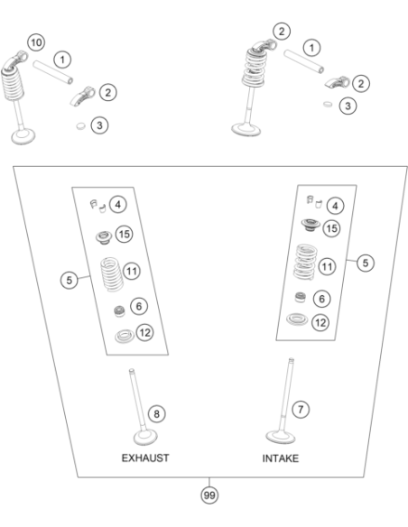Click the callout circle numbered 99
point(209,495)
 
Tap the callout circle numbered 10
point(36,42)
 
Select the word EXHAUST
point(145,458)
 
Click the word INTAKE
point(281,458)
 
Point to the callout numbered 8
point(157,413)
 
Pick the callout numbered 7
point(301,410)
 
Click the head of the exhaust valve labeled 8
point(145,438)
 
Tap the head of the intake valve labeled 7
point(281,437)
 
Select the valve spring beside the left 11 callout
point(112,274)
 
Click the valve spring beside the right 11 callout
point(305,263)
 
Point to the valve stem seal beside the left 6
point(120,311)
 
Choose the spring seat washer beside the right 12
point(297,319)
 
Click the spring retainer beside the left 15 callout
point(104,237)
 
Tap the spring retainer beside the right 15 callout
point(311,225)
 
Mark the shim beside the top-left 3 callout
point(80,126)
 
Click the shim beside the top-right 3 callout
point(328,104)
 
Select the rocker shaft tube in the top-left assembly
point(52,72)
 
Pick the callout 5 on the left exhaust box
point(70,280)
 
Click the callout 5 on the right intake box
point(366,263)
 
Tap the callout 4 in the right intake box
point(335,206)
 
